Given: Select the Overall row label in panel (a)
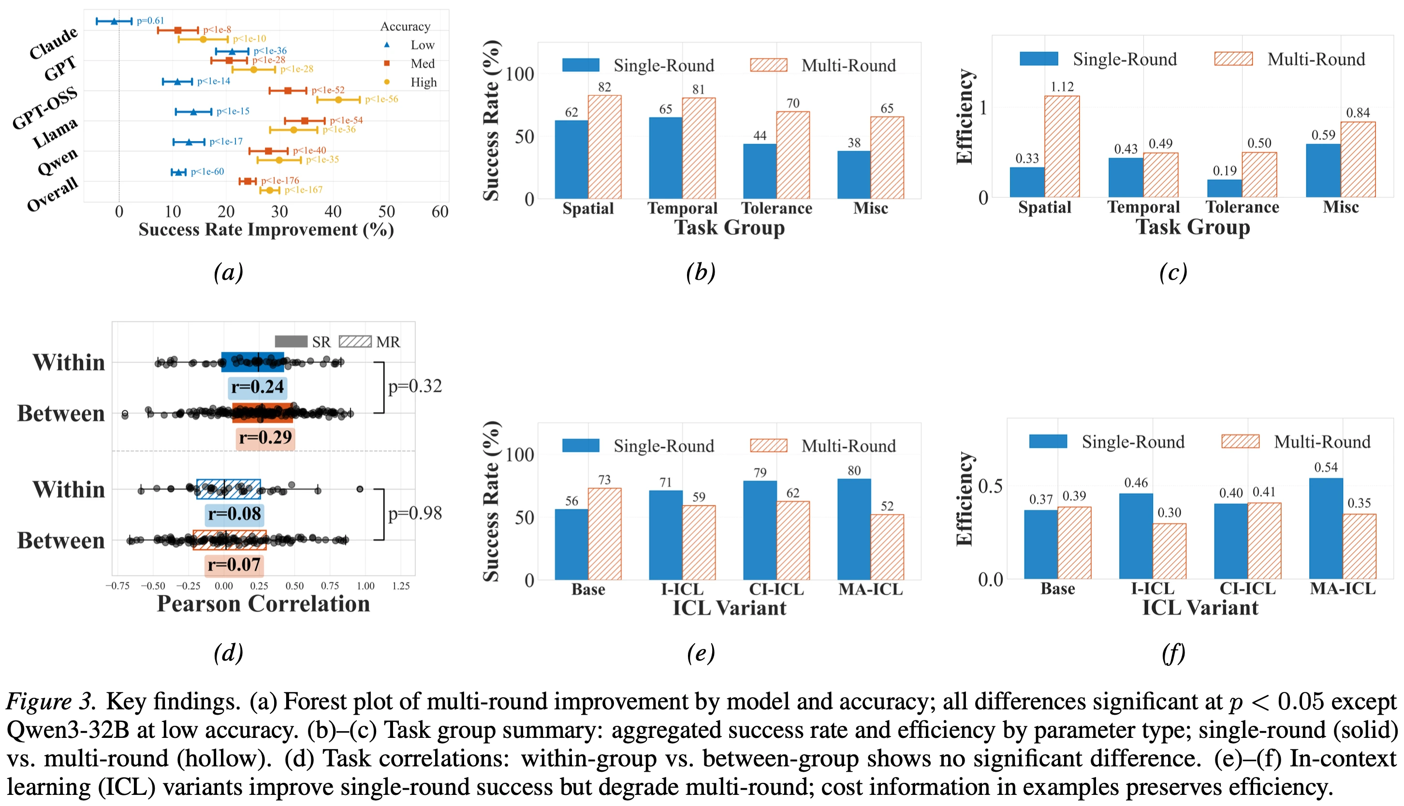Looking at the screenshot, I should [x=53, y=195].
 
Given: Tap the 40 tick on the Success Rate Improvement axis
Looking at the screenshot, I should [x=333, y=212].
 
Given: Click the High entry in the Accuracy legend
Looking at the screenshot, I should [x=423, y=83].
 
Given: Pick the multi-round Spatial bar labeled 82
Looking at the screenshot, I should [x=604, y=147].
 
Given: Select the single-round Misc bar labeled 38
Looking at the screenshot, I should [x=853, y=175].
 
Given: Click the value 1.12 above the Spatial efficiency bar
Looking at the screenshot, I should [x=1062, y=87].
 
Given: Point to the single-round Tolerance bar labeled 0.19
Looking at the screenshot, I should [x=1224, y=188].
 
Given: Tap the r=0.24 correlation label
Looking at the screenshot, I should [x=258, y=387].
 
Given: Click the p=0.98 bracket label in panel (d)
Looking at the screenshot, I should [x=415, y=513].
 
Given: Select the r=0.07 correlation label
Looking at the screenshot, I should [x=234, y=565].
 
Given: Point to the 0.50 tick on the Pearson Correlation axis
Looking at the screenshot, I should [x=294, y=586].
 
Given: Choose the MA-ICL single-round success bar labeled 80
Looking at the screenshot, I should [x=853, y=529].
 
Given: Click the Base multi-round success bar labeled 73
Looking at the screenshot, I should [x=604, y=534].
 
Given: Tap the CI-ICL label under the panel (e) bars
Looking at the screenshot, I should [x=776, y=589].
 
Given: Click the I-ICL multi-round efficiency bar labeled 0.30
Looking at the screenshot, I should [x=1169, y=551].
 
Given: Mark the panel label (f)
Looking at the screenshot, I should [x=1173, y=653].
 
